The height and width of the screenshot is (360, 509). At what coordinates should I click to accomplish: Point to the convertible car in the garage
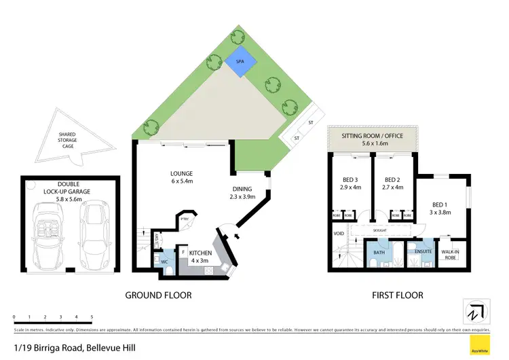pos(47,229)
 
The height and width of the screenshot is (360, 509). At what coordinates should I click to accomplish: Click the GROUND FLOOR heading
pos(157,295)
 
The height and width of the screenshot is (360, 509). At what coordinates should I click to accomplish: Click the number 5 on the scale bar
pos(92,317)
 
